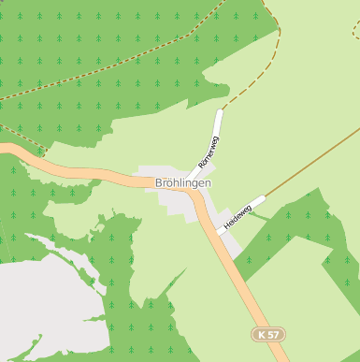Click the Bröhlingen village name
182,182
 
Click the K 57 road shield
268,334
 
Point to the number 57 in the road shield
273,334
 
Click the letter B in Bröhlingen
160,182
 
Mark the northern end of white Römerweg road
221,112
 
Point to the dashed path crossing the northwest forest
94,80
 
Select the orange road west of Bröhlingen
75,168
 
